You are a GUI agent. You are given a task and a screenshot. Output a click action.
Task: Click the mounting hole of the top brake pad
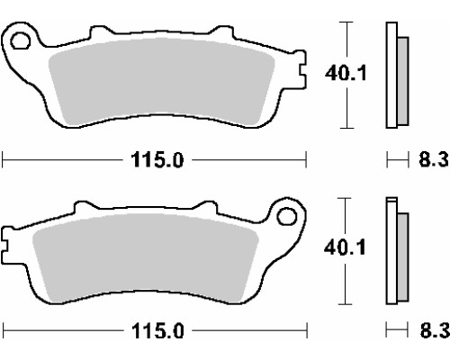click(x=21, y=40)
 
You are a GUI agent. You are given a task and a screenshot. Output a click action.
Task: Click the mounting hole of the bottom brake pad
click(x=287, y=216)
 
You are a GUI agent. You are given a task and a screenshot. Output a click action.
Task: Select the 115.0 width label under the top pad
click(x=157, y=160)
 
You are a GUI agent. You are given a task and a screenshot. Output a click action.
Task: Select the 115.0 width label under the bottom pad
click(x=157, y=331)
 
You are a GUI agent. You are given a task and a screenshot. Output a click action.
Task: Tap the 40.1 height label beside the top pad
click(x=346, y=73)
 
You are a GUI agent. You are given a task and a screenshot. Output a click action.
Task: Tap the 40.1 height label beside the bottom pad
click(x=345, y=247)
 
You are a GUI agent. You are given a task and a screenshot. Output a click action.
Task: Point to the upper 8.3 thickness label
click(x=434, y=159)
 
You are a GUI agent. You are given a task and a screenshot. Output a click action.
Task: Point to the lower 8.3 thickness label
click(x=435, y=331)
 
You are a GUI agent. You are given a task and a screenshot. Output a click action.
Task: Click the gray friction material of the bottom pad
click(x=145, y=257)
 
